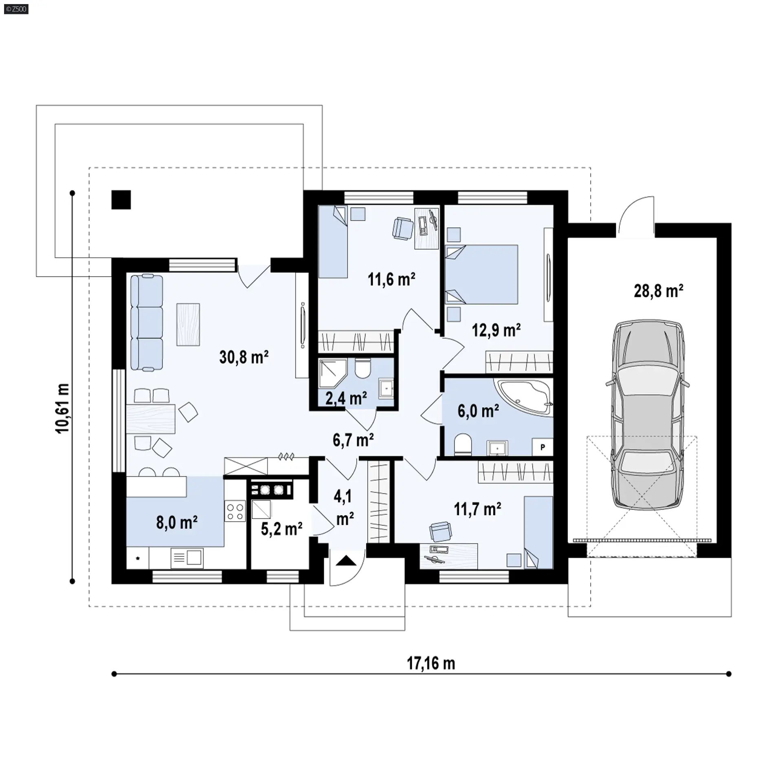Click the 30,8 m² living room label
(x=244, y=357)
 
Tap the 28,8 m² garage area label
(x=658, y=291)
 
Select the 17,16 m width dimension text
(x=431, y=663)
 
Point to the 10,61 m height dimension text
(x=64, y=408)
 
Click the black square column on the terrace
(x=121, y=200)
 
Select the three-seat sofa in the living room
(x=147, y=323)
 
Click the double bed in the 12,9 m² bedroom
(x=482, y=274)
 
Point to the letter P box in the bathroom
(x=543, y=447)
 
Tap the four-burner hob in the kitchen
(x=235, y=512)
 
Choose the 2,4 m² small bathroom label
(x=346, y=398)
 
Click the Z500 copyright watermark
(x=16, y=9)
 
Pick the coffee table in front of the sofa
(x=188, y=325)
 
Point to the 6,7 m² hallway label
(x=353, y=440)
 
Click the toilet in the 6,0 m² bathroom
(x=462, y=444)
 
